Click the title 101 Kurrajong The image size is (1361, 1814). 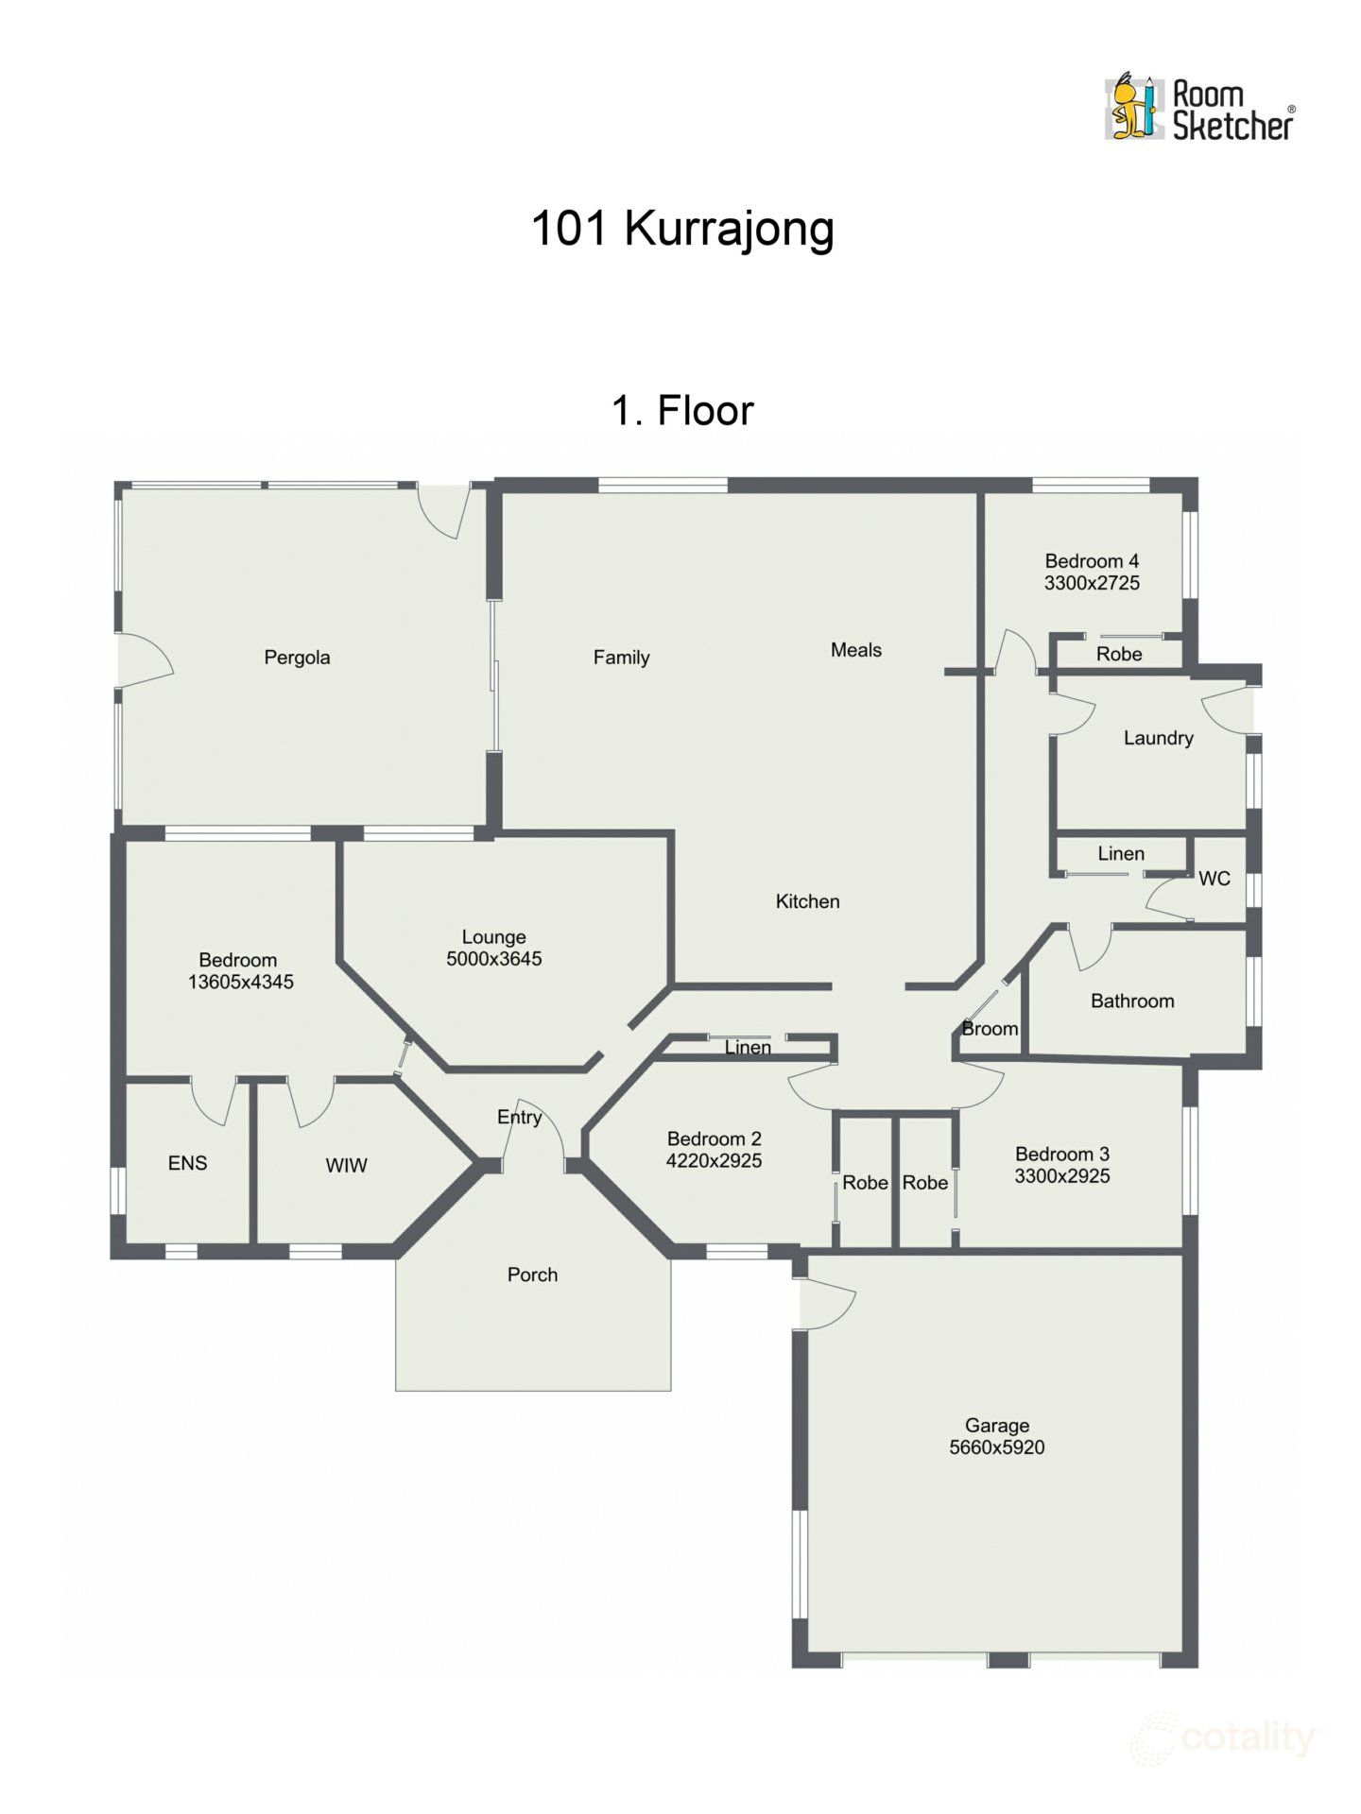tap(682, 230)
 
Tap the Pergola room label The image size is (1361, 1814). tap(297, 658)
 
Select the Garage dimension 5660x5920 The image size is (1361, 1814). tap(997, 1447)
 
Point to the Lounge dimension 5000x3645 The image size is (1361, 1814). tap(493, 959)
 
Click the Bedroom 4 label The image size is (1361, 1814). tap(1092, 561)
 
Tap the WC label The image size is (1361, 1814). tap(1214, 879)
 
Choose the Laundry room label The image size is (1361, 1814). tap(1158, 738)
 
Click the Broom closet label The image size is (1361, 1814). tap(990, 1029)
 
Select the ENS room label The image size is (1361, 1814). tap(187, 1163)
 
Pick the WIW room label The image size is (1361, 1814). tap(346, 1166)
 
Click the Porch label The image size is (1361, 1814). tap(532, 1275)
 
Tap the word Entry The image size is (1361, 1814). tap(519, 1117)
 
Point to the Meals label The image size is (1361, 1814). tap(855, 650)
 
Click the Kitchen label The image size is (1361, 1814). tap(807, 901)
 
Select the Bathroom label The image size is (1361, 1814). tap(1132, 1001)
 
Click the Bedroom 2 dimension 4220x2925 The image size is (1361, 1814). tap(714, 1161)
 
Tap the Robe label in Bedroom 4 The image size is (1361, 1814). tap(1119, 654)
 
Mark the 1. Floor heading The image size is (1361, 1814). tap(682, 411)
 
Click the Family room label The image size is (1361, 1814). tap(621, 658)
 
